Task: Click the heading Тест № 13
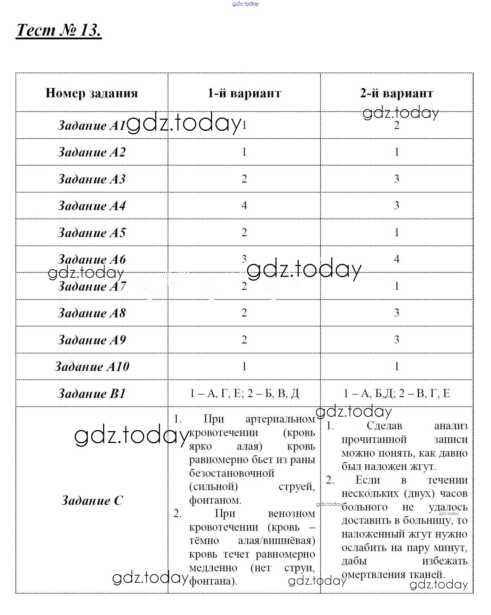(x=59, y=30)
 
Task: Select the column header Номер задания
(x=91, y=93)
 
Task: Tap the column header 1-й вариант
(x=244, y=93)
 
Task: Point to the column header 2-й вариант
(x=396, y=93)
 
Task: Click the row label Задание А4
(x=91, y=206)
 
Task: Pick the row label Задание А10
(x=91, y=367)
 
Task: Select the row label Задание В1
(x=91, y=394)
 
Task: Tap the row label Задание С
(x=91, y=500)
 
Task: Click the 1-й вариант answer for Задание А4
(x=244, y=206)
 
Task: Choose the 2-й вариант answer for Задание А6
(x=396, y=259)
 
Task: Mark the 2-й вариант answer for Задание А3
(x=396, y=179)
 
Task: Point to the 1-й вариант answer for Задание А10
(x=244, y=366)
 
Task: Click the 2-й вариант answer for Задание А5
(x=396, y=232)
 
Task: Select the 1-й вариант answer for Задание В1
(x=244, y=393)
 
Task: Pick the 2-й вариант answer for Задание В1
(x=396, y=393)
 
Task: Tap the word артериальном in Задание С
(x=280, y=419)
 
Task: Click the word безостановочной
(x=232, y=473)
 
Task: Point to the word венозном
(x=291, y=514)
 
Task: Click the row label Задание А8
(x=91, y=313)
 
